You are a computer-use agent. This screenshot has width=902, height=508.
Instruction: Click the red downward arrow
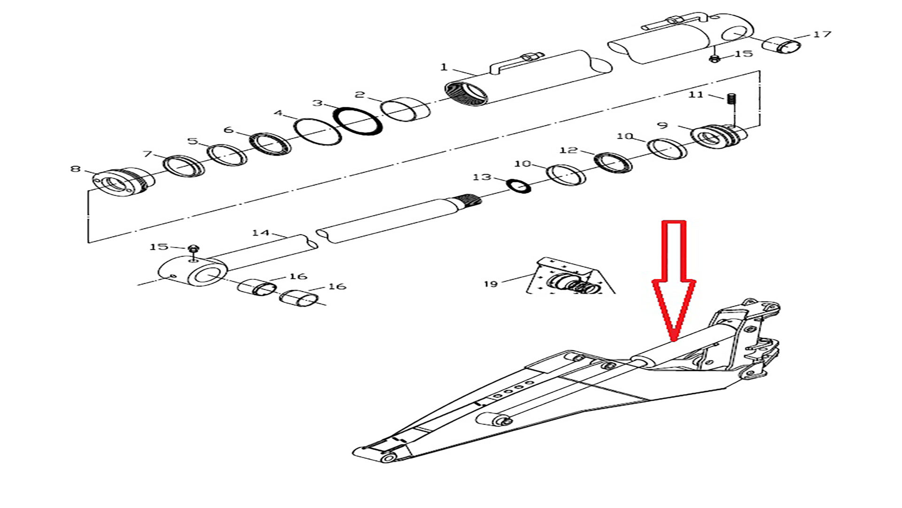coord(674,280)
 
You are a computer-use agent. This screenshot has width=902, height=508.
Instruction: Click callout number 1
coord(444,67)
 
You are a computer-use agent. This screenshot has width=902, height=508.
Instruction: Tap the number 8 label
coord(75,168)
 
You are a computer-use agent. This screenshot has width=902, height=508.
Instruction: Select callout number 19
coord(490,284)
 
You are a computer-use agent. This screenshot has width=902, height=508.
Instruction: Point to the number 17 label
coord(822,34)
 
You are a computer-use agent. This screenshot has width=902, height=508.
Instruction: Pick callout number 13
coord(482,177)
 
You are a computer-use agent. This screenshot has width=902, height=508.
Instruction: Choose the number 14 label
coord(261,232)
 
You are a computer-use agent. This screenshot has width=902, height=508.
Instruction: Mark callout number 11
coord(696,95)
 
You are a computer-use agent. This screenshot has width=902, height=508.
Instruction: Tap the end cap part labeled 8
coord(121,181)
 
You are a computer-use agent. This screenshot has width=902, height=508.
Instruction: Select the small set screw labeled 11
coord(731,100)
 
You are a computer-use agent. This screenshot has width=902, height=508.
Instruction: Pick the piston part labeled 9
coord(719,136)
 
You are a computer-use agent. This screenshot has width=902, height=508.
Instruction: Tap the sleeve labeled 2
coord(405,109)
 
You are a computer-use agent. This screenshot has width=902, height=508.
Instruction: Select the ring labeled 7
coord(184,166)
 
